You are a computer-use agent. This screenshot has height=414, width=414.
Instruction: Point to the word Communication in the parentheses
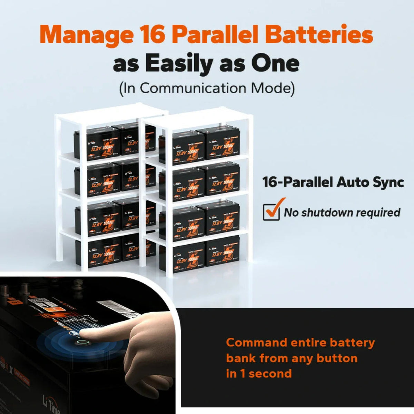pyautogui.click(x=194, y=88)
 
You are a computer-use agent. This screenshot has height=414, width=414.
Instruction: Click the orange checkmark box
pyautogui.click(x=272, y=211)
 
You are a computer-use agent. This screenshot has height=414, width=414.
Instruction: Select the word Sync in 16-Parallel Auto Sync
pyautogui.click(x=387, y=182)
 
